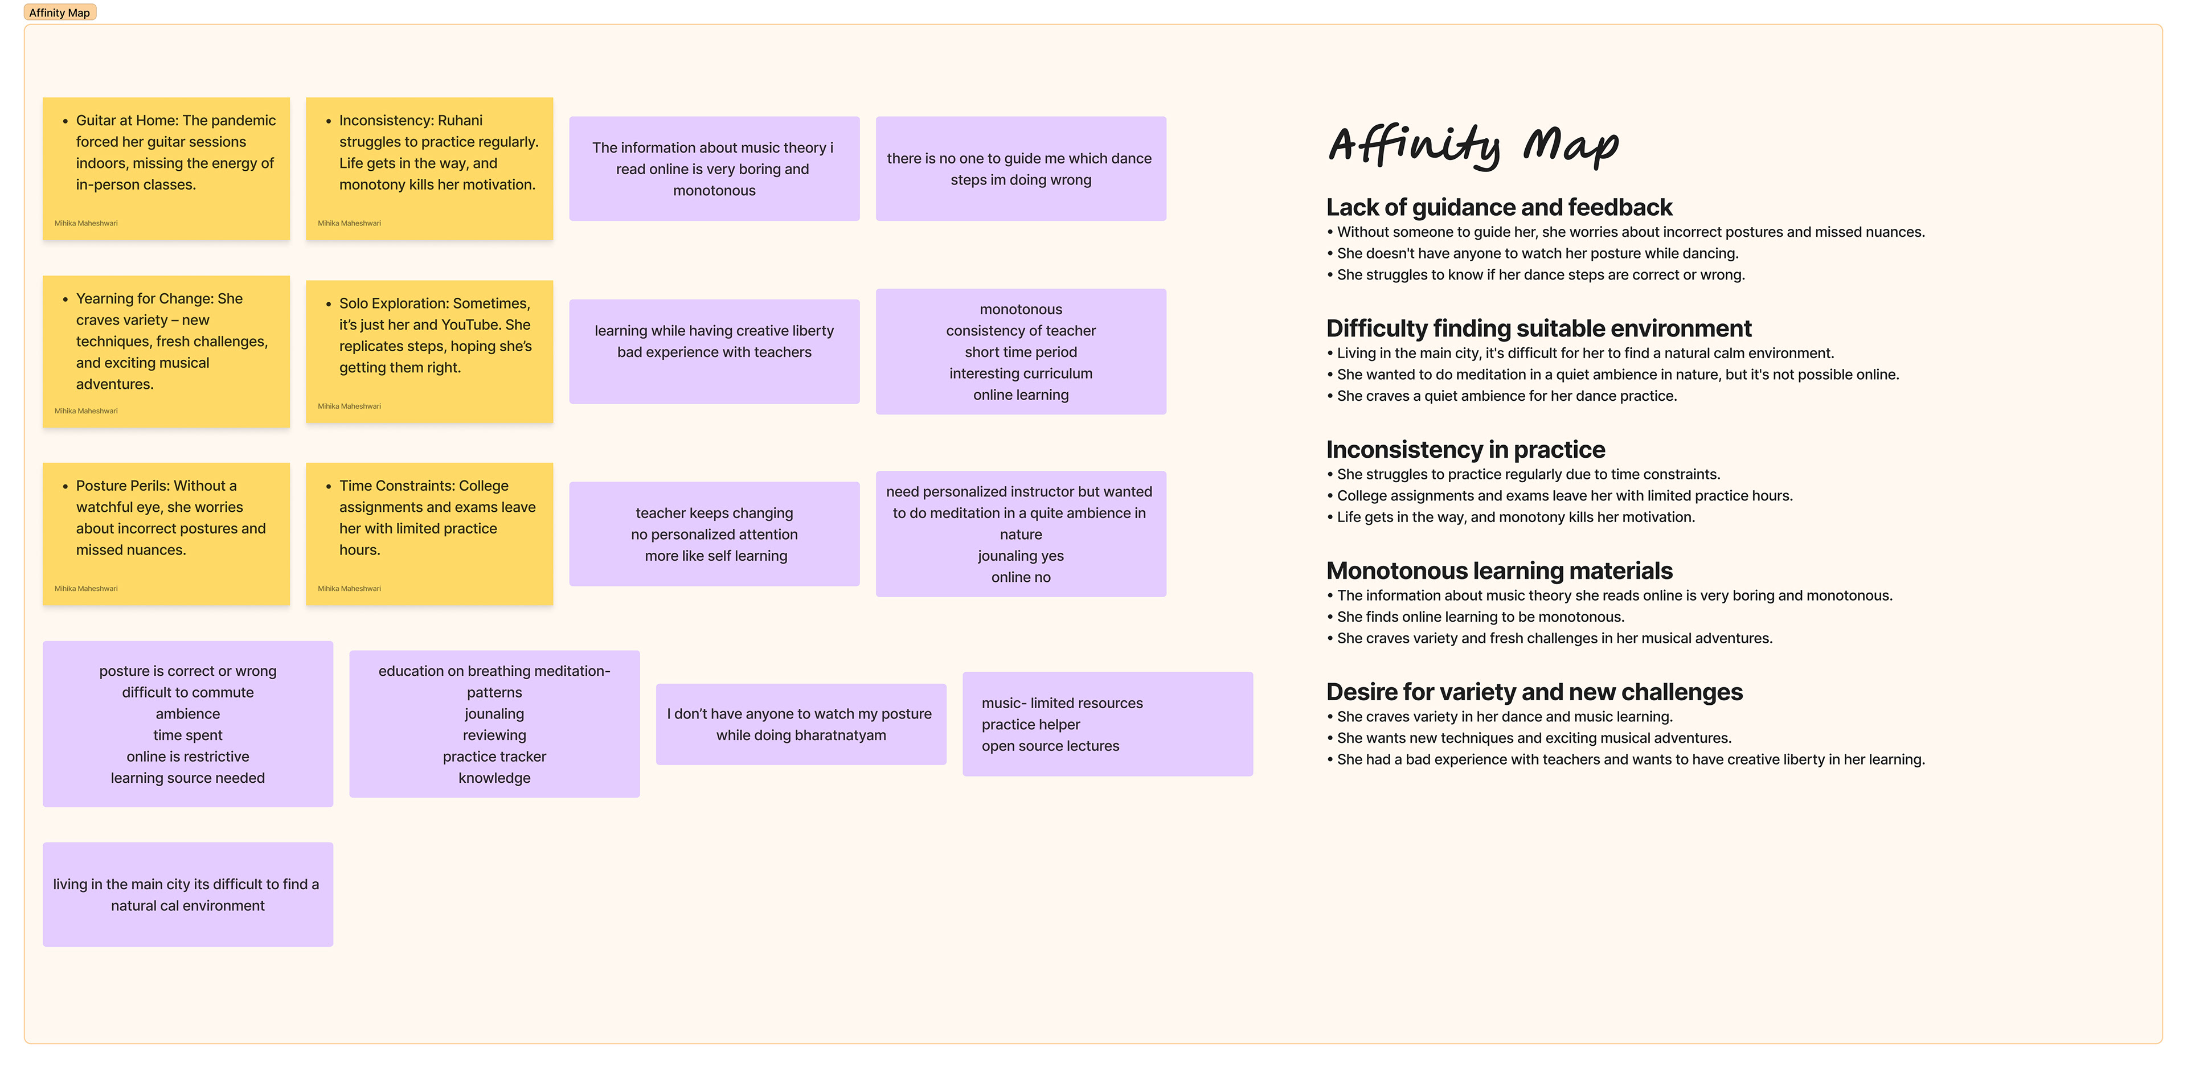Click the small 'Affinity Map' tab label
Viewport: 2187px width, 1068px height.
tap(59, 13)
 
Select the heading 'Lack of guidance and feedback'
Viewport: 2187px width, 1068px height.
tap(1498, 207)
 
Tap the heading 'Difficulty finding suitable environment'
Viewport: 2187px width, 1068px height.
tap(1538, 328)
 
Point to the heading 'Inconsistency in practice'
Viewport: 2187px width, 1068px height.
tap(1465, 449)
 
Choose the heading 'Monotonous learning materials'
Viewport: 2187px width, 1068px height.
tap(1498, 570)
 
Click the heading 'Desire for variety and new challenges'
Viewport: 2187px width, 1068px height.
tap(1534, 692)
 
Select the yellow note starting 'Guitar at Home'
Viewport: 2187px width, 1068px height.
tap(166, 168)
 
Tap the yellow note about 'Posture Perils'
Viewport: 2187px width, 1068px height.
tap(166, 533)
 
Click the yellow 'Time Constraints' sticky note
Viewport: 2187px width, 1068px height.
tap(429, 533)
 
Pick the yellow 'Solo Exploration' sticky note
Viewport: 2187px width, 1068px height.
tap(429, 351)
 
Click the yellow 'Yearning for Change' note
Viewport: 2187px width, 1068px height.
tap(166, 351)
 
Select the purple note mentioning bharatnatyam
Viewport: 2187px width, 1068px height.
tap(801, 724)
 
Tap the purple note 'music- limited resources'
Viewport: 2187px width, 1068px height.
tap(1107, 724)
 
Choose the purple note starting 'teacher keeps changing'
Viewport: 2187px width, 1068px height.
tap(714, 534)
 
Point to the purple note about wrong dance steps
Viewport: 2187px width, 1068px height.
tap(1021, 169)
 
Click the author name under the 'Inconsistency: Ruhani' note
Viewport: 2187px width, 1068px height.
tap(349, 223)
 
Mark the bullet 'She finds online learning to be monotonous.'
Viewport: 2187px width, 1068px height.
tap(1481, 617)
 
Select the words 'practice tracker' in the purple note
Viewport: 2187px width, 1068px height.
tap(494, 757)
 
